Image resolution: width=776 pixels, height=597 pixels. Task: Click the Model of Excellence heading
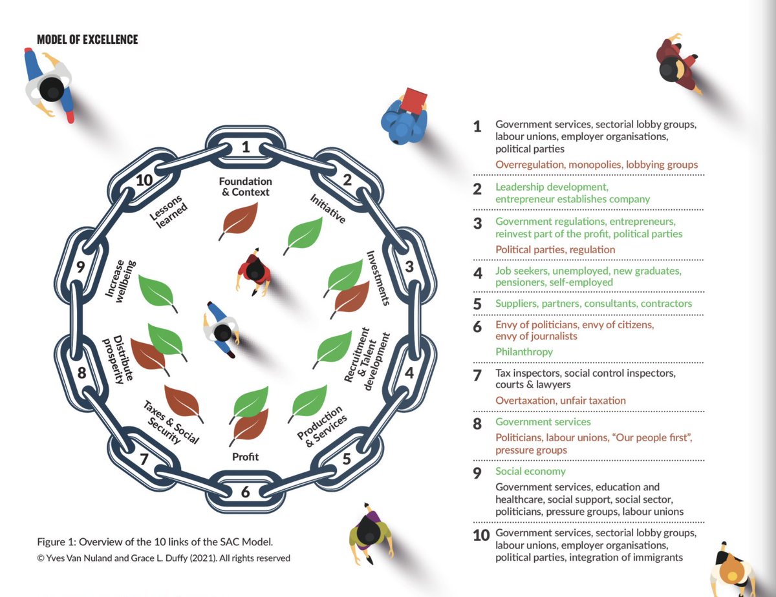[x=87, y=40]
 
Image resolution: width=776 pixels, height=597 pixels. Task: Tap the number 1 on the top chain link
[x=245, y=147]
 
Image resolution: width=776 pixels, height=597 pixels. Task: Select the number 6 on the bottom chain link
[x=245, y=492]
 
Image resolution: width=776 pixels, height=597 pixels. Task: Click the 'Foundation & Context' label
[x=245, y=187]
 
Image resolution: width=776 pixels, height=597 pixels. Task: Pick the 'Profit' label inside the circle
[x=245, y=457]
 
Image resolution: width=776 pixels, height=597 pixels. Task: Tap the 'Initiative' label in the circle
[x=327, y=208]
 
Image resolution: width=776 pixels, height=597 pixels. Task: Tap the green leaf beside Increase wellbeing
[x=157, y=292]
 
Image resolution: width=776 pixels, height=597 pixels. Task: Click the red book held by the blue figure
[x=414, y=100]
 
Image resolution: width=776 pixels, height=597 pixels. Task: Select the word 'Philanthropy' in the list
[x=524, y=352]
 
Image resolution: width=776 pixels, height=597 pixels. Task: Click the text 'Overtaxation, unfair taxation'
[x=561, y=401]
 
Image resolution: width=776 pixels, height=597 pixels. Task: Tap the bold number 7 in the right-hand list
[x=478, y=376]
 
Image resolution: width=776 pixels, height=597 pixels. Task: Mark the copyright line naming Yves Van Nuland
[x=163, y=558]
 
